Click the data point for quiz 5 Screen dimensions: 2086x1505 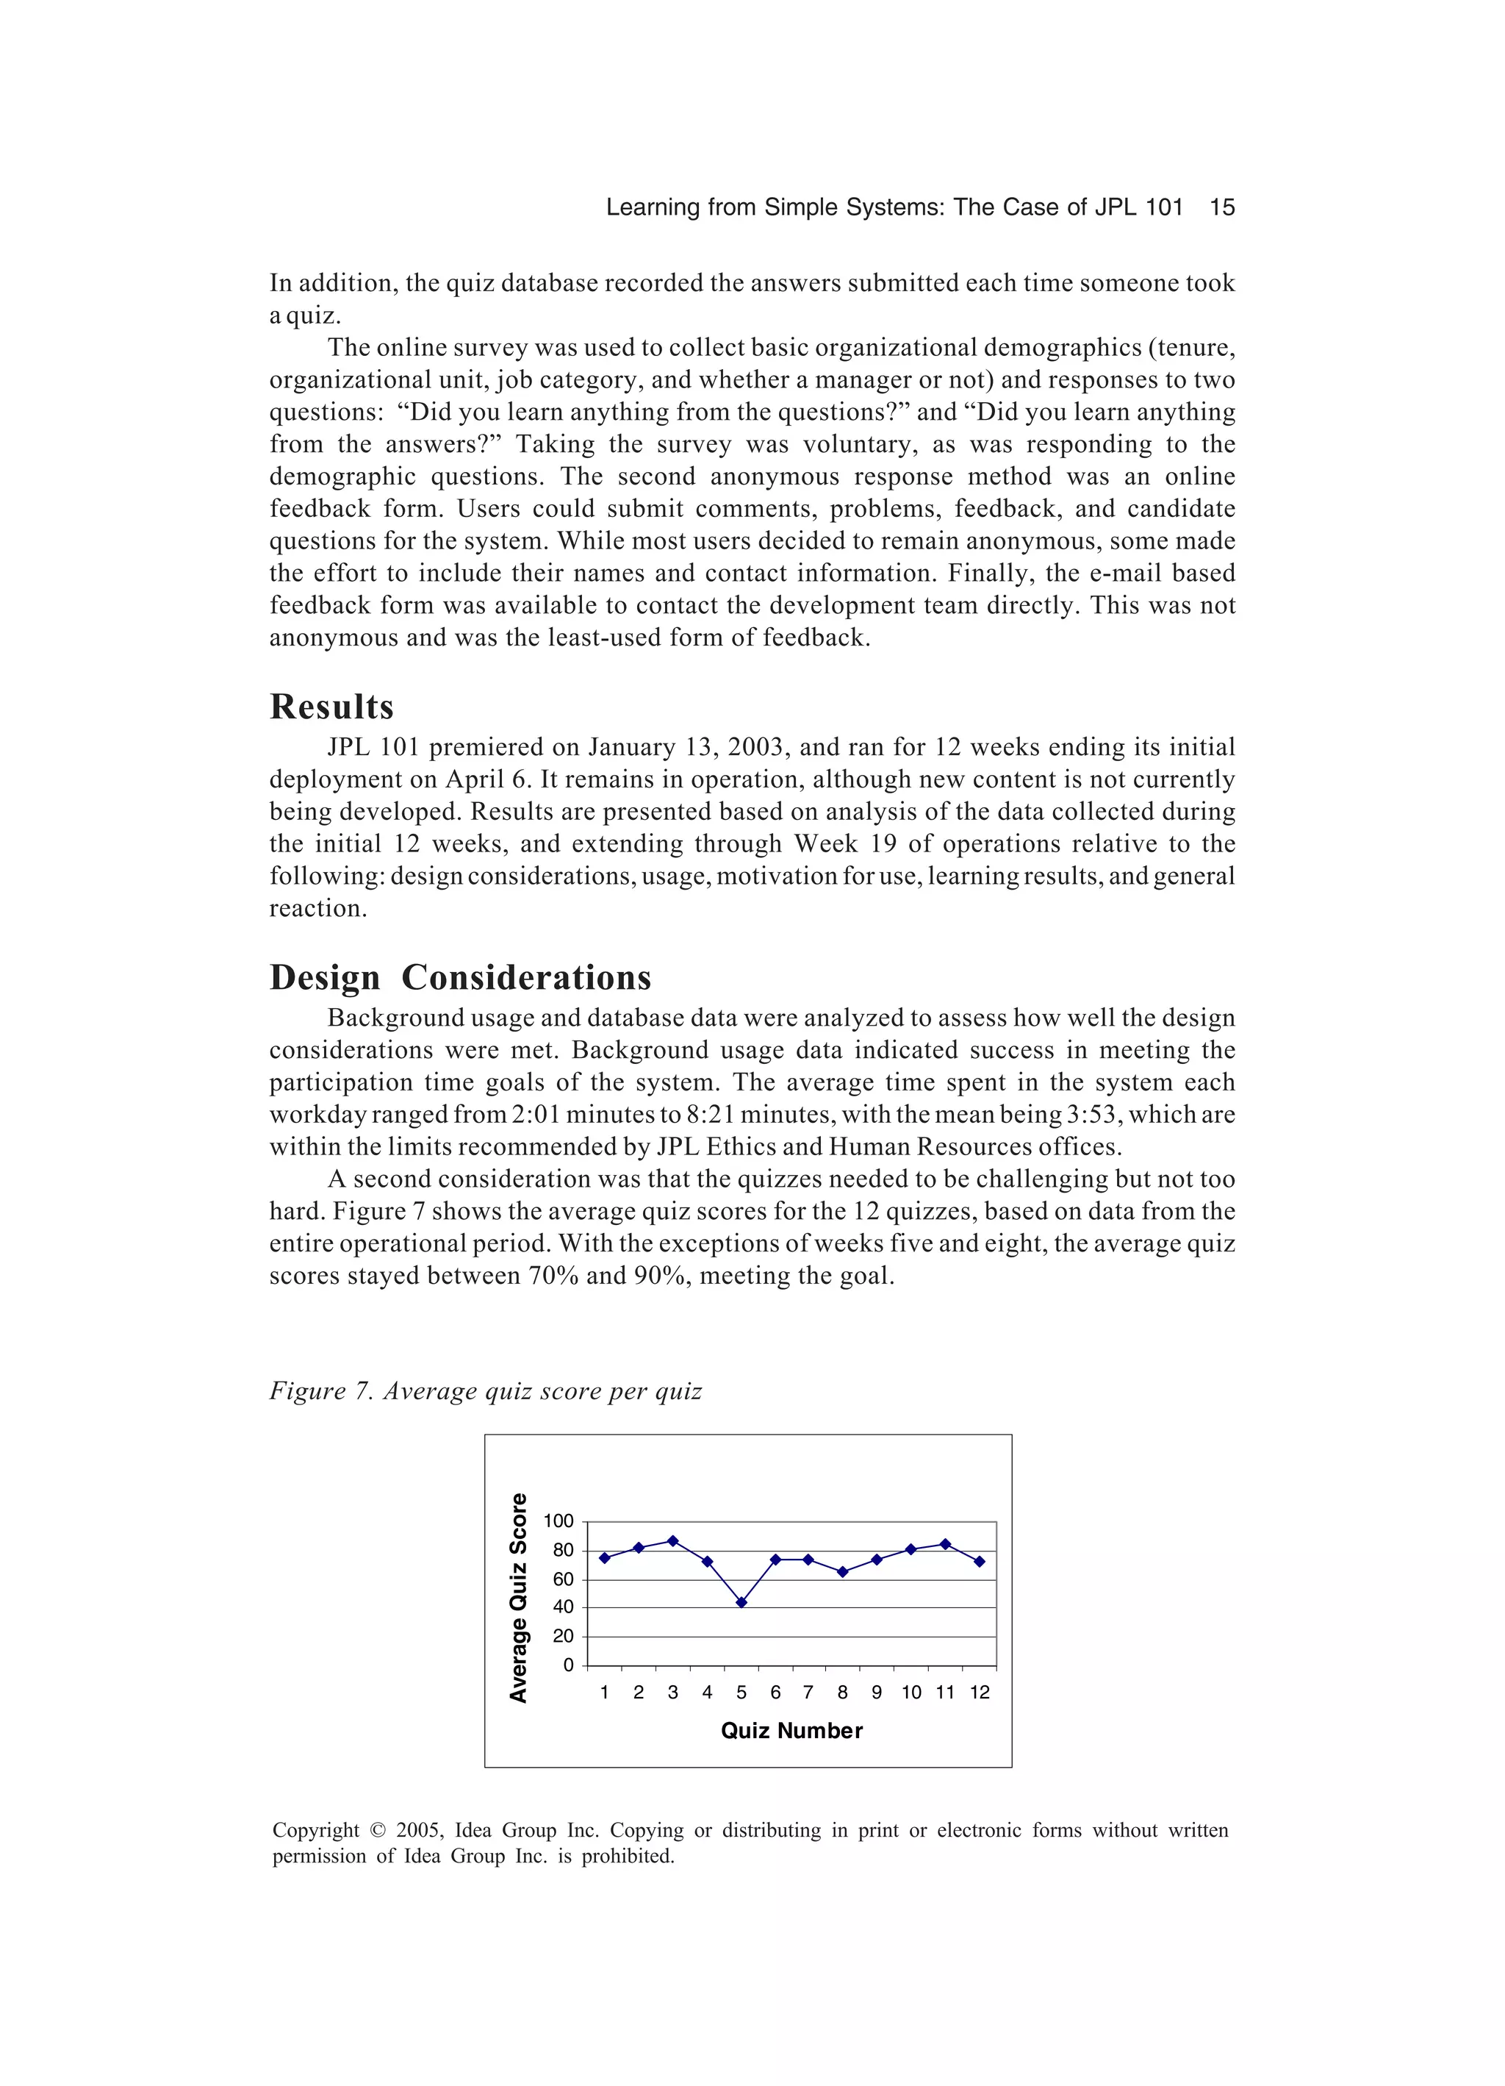click(741, 1602)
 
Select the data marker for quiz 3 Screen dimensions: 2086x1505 click(673, 1540)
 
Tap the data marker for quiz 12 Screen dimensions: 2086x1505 click(979, 1562)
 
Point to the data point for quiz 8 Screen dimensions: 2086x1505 click(842, 1572)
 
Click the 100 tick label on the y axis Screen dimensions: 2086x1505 click(558, 1521)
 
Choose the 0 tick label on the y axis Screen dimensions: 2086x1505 click(568, 1665)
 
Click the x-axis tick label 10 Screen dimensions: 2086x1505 click(911, 1693)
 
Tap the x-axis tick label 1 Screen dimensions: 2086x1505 click(604, 1693)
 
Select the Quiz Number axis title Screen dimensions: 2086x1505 click(791, 1731)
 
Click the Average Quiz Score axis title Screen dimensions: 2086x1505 click(519, 1598)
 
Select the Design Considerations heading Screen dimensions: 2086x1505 click(460, 976)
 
